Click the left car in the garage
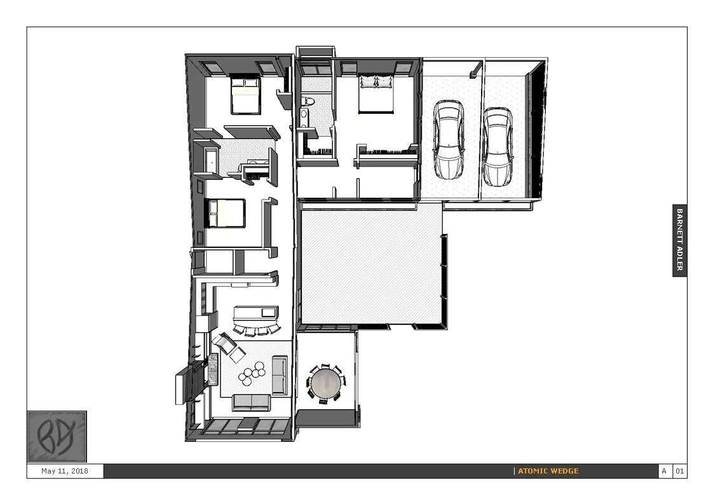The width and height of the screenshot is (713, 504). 449,139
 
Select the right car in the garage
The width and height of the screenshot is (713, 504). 498,146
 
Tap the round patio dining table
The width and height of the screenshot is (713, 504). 325,383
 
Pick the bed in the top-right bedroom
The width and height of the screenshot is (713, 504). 376,93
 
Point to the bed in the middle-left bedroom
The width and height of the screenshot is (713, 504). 226,214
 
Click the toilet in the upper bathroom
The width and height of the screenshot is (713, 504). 308,101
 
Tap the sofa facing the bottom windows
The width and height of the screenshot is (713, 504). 251,402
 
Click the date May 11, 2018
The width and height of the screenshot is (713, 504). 65,471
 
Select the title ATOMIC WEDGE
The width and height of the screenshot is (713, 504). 548,471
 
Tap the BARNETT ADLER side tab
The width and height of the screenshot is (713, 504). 679,240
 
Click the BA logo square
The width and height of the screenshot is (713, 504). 57,437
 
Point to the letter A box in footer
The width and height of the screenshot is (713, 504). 664,471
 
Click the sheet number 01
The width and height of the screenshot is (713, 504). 679,471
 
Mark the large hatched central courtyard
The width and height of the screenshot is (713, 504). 372,266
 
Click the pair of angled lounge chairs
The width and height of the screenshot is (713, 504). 229,347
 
